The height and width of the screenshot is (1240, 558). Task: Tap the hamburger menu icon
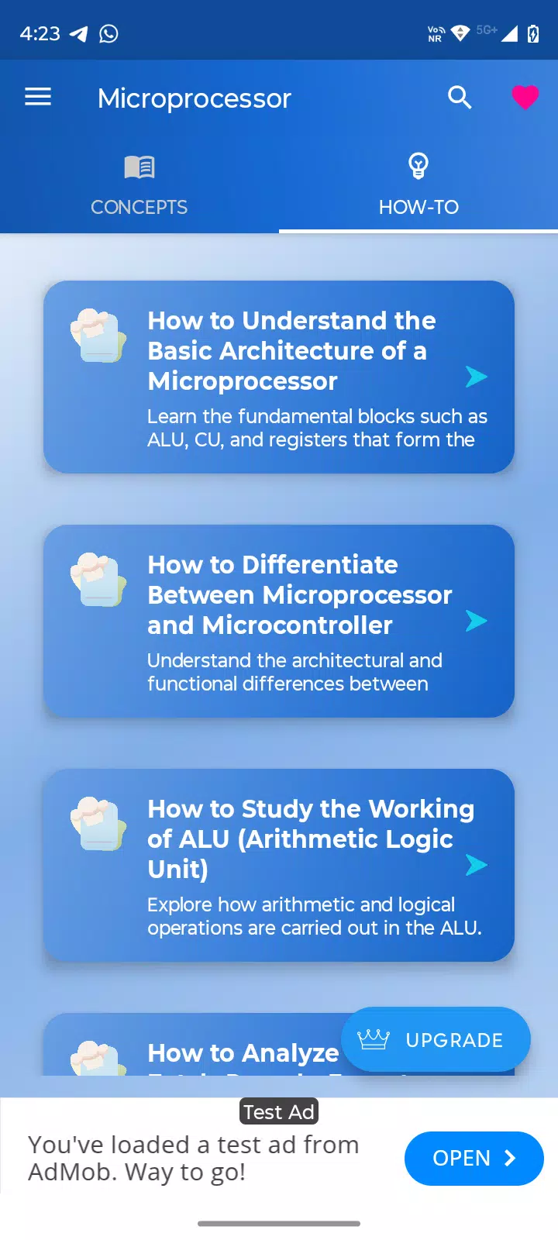click(38, 97)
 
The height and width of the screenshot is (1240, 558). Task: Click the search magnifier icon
click(460, 98)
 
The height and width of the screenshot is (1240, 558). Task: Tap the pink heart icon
click(525, 97)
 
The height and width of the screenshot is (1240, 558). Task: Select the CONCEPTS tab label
click(139, 207)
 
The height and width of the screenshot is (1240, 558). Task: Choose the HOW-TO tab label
click(418, 207)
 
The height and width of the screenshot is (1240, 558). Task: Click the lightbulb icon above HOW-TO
click(418, 166)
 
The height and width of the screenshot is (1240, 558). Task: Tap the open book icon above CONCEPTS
click(139, 167)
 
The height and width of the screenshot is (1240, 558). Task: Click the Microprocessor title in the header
click(195, 98)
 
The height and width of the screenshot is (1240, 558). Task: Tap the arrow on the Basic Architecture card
click(476, 377)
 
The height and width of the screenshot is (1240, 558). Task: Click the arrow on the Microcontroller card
click(476, 621)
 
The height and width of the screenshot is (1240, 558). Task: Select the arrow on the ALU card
click(476, 865)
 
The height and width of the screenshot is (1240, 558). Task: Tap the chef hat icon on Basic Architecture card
click(98, 336)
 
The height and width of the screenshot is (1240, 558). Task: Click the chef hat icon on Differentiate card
click(98, 580)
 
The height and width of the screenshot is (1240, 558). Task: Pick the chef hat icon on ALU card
click(98, 824)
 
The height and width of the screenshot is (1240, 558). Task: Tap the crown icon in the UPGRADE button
click(374, 1039)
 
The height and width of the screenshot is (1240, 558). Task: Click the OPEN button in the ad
click(474, 1158)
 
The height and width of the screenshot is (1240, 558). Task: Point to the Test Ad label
click(279, 1111)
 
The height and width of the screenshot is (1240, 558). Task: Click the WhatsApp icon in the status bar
click(108, 34)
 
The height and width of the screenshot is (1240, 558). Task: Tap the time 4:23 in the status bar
click(40, 34)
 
